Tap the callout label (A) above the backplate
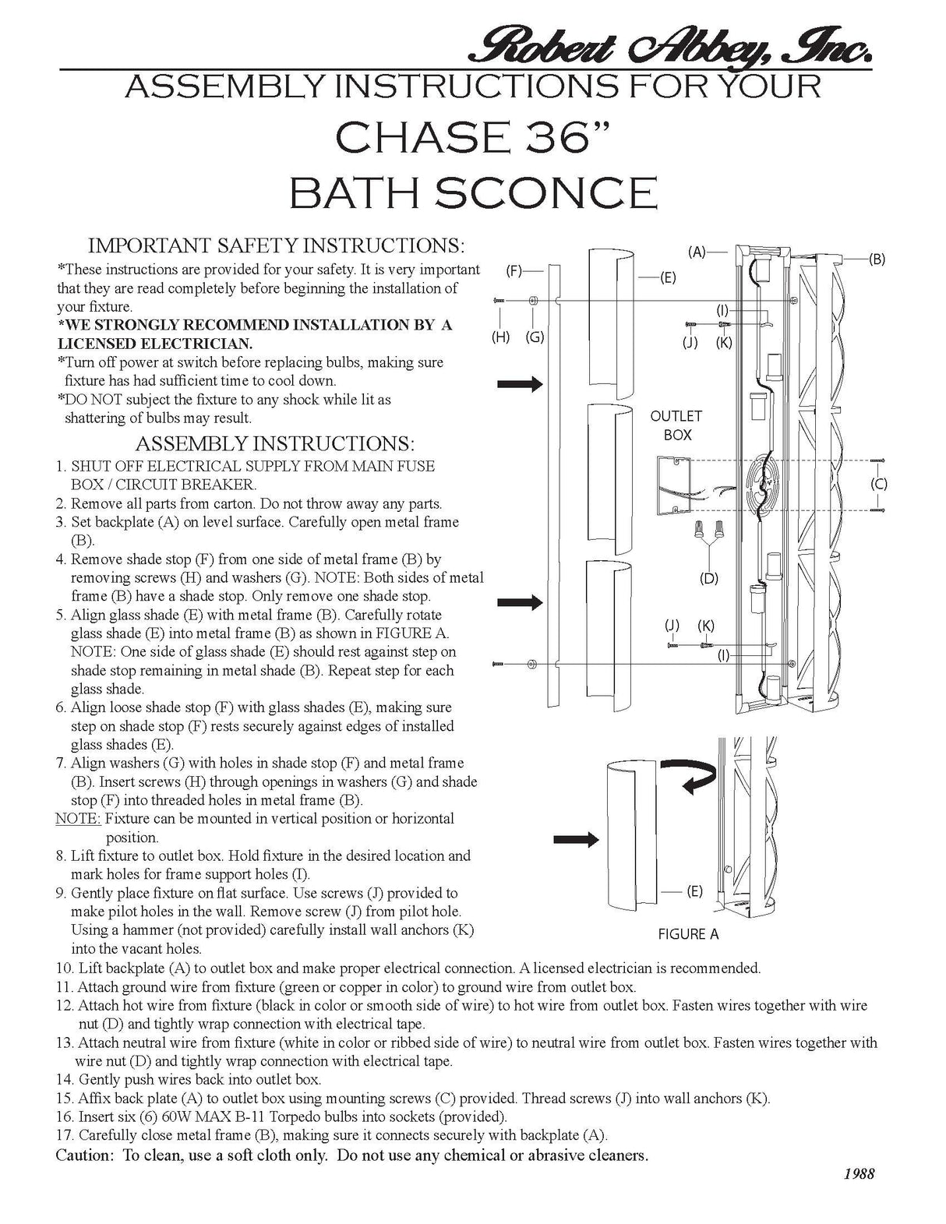tap(697, 252)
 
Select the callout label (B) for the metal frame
tap(877, 259)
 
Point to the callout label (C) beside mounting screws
tap(878, 484)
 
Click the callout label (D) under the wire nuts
tap(709, 578)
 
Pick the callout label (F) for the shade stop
tap(514, 271)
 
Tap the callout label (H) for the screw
tap(500, 337)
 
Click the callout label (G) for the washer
tap(535, 337)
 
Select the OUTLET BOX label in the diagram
tap(676, 425)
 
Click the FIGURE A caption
tap(689, 934)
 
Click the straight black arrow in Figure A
tap(576, 840)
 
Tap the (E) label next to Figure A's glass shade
tap(694, 891)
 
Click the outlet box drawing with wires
tap(674, 485)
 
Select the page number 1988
tap(859, 1190)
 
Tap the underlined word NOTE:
tap(78, 818)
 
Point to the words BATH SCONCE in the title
tap(473, 193)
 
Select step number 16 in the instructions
tap(65, 1116)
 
